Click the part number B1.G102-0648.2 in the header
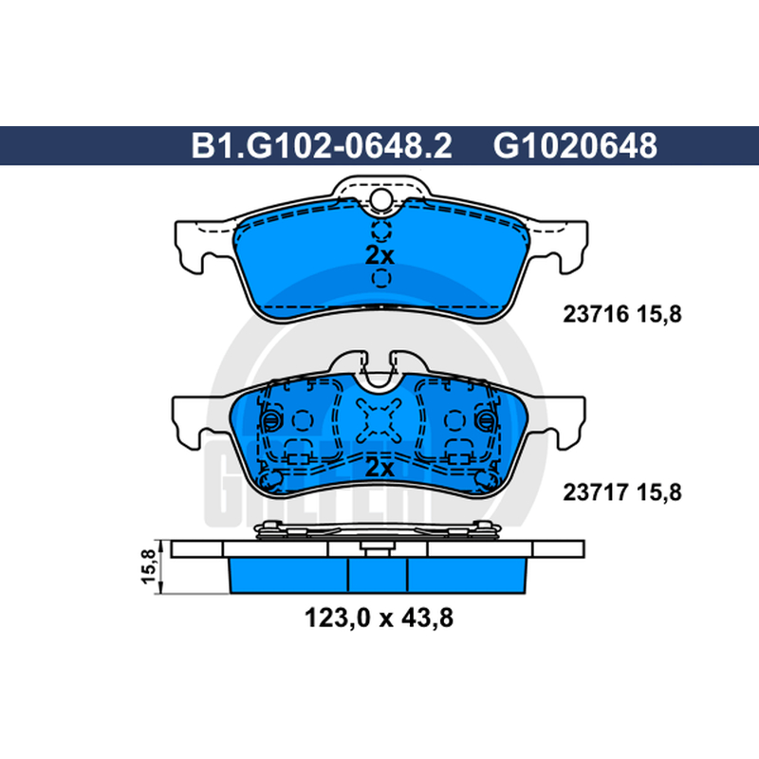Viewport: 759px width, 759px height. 322,146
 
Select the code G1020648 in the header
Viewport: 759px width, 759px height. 575,146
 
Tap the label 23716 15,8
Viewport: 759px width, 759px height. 622,315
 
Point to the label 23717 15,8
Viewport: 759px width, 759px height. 622,492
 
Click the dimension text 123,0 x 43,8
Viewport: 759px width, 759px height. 379,619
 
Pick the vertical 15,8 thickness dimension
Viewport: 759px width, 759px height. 149,566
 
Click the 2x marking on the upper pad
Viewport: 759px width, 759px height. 380,255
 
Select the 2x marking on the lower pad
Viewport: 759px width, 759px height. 380,468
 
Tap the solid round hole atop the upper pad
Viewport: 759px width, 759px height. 381,198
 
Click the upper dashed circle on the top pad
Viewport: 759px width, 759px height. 381,231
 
